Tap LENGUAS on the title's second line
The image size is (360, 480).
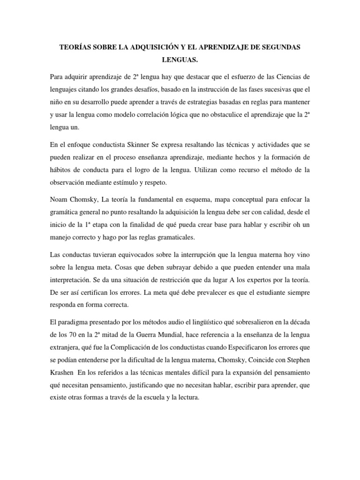click(x=180, y=61)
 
